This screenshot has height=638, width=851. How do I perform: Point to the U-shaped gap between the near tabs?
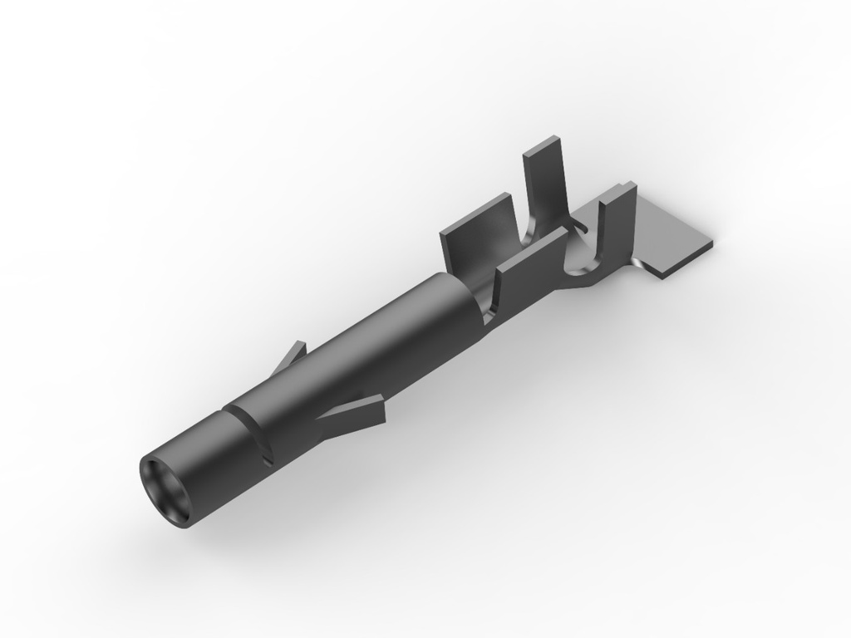point(581,249)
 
